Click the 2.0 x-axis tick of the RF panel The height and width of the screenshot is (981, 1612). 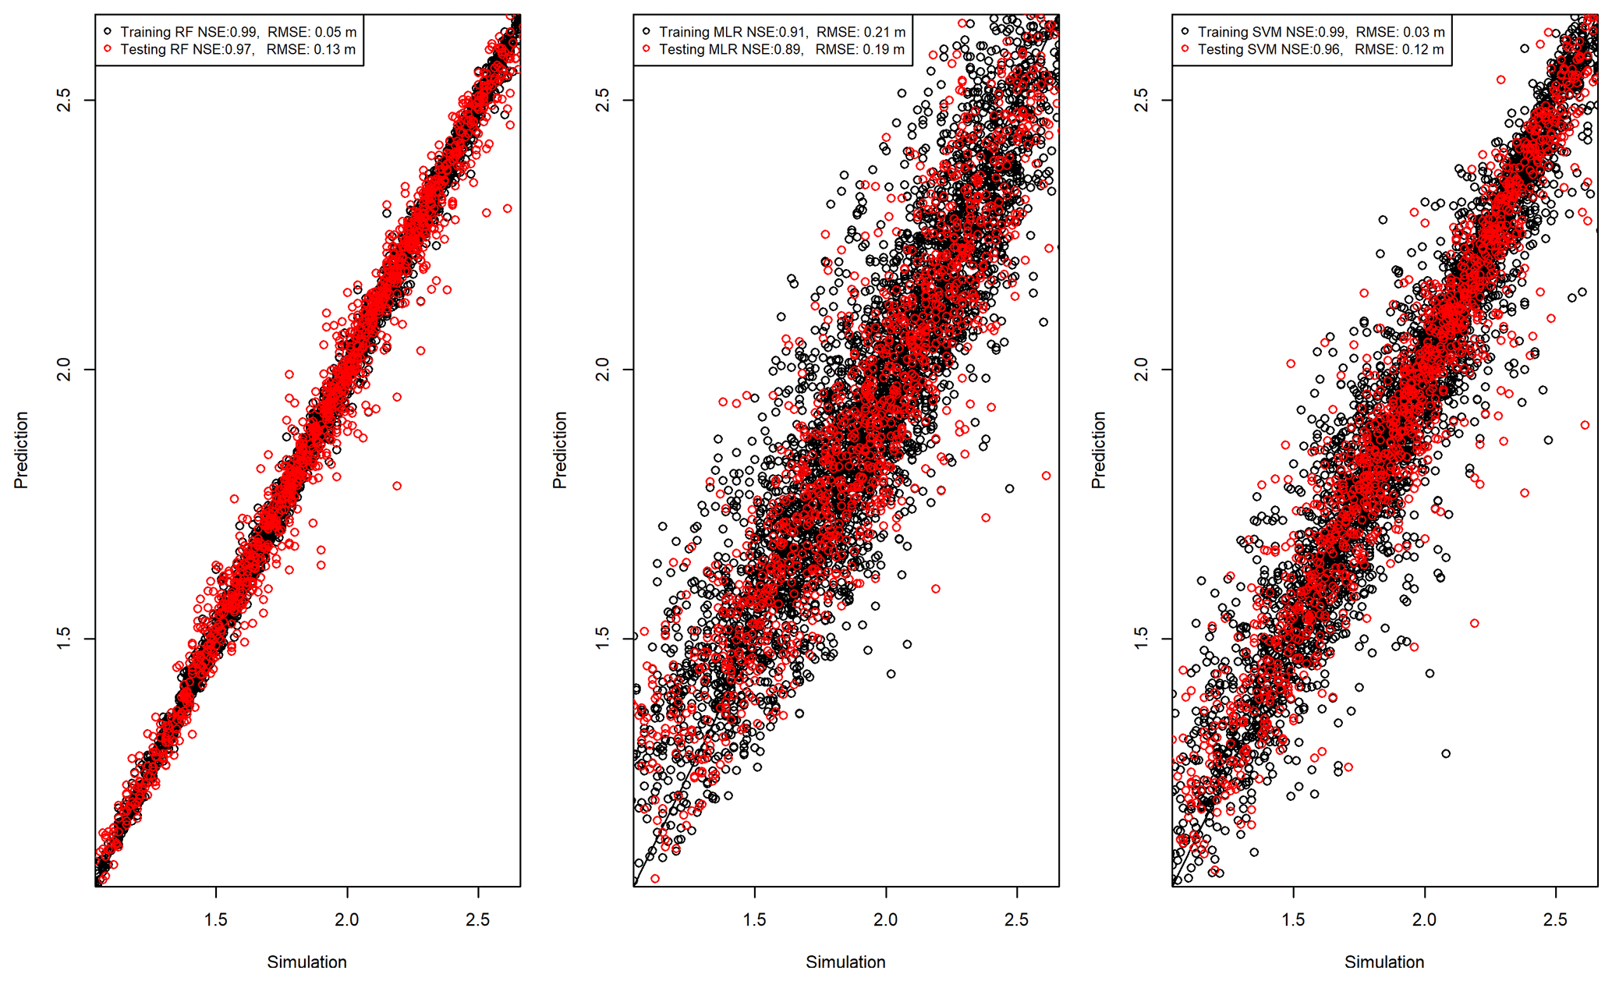[x=347, y=919]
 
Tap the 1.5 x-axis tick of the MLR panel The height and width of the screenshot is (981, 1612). [x=755, y=919]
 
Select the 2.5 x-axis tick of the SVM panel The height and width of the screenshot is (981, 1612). [x=1555, y=919]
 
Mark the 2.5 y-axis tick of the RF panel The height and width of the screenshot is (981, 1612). [x=64, y=100]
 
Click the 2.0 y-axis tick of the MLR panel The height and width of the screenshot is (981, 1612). [x=603, y=369]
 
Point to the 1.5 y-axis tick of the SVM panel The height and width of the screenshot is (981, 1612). [x=1142, y=638]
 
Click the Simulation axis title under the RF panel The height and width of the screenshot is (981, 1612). [x=306, y=962]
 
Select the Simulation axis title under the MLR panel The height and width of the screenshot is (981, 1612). [x=845, y=962]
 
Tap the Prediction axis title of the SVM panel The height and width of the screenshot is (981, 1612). [x=1099, y=450]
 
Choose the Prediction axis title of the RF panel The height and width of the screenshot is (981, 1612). [x=21, y=450]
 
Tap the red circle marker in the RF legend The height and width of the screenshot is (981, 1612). [x=108, y=49]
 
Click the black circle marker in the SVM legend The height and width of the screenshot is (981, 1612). [x=1185, y=32]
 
